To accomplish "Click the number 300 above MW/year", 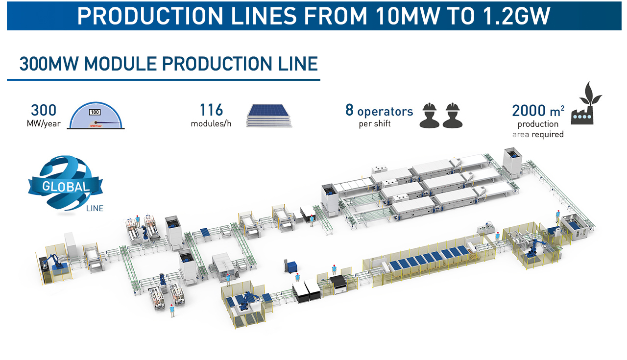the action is pos(44,110).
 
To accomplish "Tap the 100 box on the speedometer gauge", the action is pos(95,112).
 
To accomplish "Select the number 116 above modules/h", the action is pos(211,110).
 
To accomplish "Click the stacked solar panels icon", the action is pos(269,116).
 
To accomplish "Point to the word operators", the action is pos(385,112).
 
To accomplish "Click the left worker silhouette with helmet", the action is pos(430,115).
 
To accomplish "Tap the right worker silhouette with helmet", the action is pos(453,115).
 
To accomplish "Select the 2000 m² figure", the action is pos(538,111).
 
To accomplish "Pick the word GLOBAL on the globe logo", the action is pos(66,187).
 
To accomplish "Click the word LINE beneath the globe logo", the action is pos(95,208).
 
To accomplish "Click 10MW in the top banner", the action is pos(408,16).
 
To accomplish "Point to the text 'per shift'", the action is pos(375,124).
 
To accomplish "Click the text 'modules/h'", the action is pos(211,123).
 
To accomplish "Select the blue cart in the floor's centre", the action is pos(292,267).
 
